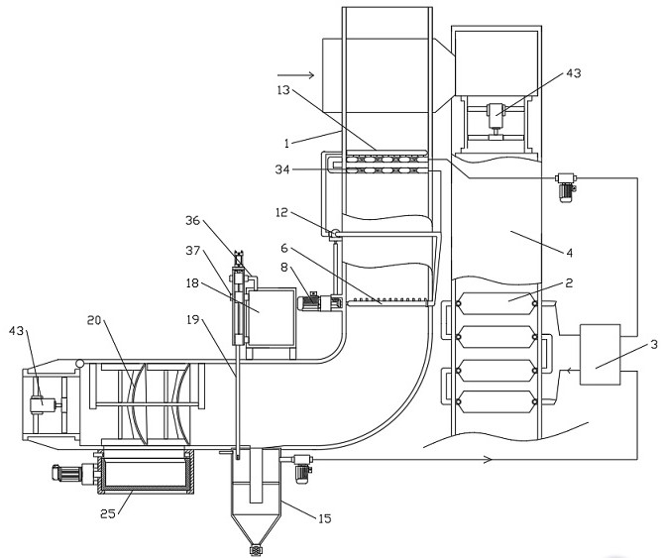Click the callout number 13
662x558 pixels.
[283, 90]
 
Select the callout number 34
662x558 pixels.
[282, 169]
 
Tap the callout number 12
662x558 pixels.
[281, 212]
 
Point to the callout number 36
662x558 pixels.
[192, 220]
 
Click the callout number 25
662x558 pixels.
[108, 513]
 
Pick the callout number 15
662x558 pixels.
[325, 518]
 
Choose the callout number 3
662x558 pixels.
[653, 345]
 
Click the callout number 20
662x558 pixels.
[94, 320]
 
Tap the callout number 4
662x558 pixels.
[569, 253]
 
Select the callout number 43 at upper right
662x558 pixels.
[574, 73]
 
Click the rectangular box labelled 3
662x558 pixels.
[600, 355]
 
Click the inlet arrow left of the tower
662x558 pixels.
[295, 75]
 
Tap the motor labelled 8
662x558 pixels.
[310, 302]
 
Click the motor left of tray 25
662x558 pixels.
[67, 473]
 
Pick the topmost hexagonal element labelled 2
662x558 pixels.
[496, 303]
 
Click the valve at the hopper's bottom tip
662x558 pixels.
[255, 550]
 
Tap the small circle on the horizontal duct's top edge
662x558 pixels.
[79, 363]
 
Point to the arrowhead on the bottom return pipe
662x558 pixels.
[488, 459]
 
